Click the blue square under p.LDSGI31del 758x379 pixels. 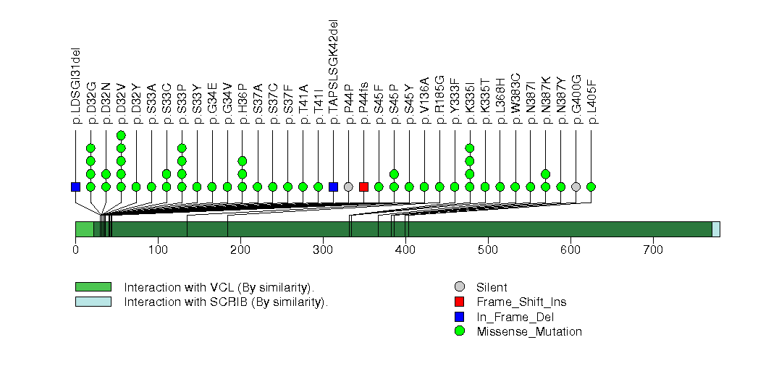[75, 187]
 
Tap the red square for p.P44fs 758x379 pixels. [363, 187]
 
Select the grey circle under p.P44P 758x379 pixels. [348, 187]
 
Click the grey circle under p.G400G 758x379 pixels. [576, 187]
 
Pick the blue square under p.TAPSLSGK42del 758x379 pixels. [333, 187]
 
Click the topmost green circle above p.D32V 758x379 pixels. [121, 135]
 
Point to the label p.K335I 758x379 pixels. [470, 106]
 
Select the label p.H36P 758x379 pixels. [243, 104]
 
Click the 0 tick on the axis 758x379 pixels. [75, 250]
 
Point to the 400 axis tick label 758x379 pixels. [405, 250]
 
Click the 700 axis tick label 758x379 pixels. [653, 250]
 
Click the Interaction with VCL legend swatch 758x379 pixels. [93, 287]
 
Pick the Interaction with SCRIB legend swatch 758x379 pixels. [93, 302]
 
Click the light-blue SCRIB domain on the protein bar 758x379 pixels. [716, 229]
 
